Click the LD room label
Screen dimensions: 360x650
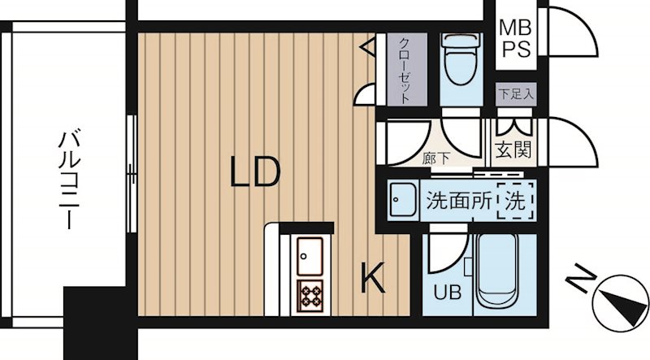pyautogui.click(x=254, y=173)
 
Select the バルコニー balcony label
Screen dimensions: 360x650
pyautogui.click(x=68, y=179)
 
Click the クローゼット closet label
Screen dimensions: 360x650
pyautogui.click(x=401, y=68)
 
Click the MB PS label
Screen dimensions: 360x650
pyautogui.click(x=514, y=38)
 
